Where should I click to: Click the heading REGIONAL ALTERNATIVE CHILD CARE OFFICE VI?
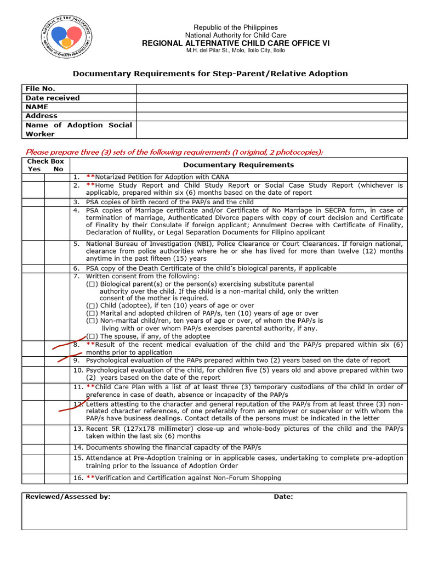(x=236, y=43)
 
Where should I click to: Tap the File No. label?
(x=41, y=89)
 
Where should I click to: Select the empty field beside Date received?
(x=271, y=98)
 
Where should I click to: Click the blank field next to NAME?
(x=271, y=107)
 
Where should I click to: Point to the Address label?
(x=42, y=116)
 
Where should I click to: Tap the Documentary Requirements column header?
(x=238, y=165)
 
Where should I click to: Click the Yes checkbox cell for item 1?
(x=33, y=177)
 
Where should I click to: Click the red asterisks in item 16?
(x=90, y=478)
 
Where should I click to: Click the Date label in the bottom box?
(x=283, y=497)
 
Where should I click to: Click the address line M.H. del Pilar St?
(x=236, y=50)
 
